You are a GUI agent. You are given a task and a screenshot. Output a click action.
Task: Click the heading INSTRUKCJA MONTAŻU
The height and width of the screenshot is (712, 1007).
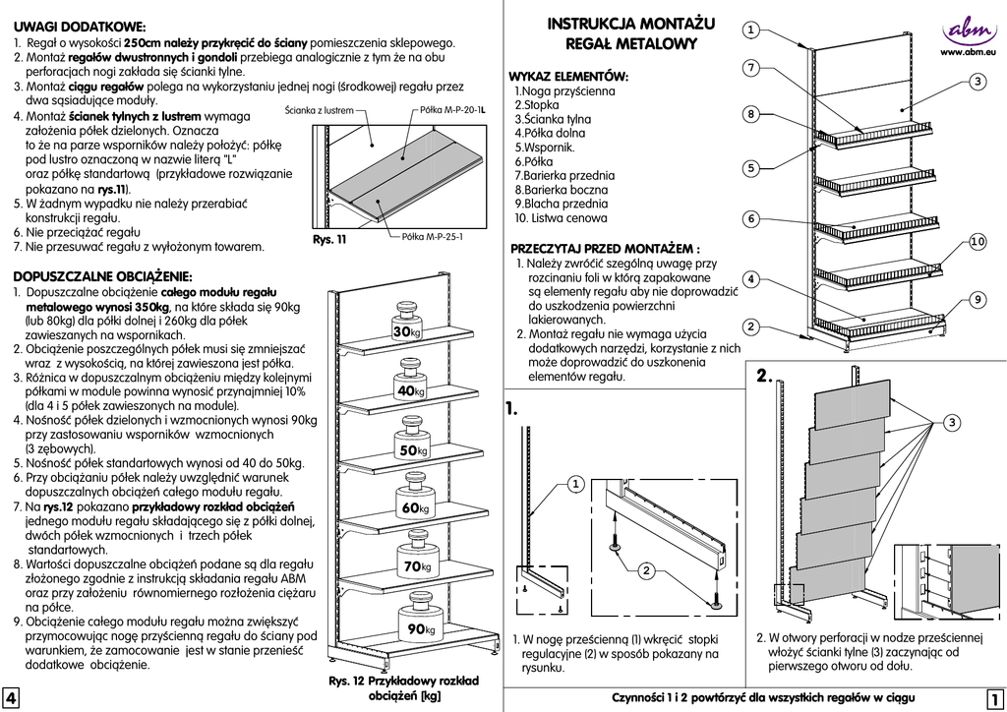pyautogui.click(x=631, y=24)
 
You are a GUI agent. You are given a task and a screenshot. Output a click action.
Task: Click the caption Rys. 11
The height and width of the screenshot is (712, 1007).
pyautogui.click(x=329, y=239)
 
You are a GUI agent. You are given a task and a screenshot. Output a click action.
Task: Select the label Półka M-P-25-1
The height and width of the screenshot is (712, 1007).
pyautogui.click(x=433, y=237)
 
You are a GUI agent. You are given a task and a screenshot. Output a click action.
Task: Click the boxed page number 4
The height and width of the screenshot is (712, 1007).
pyautogui.click(x=10, y=698)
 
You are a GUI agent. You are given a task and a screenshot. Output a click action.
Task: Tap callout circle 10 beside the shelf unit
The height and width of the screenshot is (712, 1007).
pyautogui.click(x=977, y=241)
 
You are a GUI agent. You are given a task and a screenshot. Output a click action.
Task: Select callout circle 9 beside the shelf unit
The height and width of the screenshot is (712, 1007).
pyautogui.click(x=977, y=298)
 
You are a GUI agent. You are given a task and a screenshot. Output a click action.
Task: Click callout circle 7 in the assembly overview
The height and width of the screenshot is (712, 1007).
pyautogui.click(x=750, y=68)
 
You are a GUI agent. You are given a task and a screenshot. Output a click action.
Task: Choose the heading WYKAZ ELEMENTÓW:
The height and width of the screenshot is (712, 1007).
pyautogui.click(x=568, y=76)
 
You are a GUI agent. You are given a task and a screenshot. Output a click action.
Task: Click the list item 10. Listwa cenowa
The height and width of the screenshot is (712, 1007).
pyautogui.click(x=561, y=217)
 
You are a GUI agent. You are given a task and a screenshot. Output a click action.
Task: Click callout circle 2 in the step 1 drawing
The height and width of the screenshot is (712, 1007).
pyautogui.click(x=646, y=570)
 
